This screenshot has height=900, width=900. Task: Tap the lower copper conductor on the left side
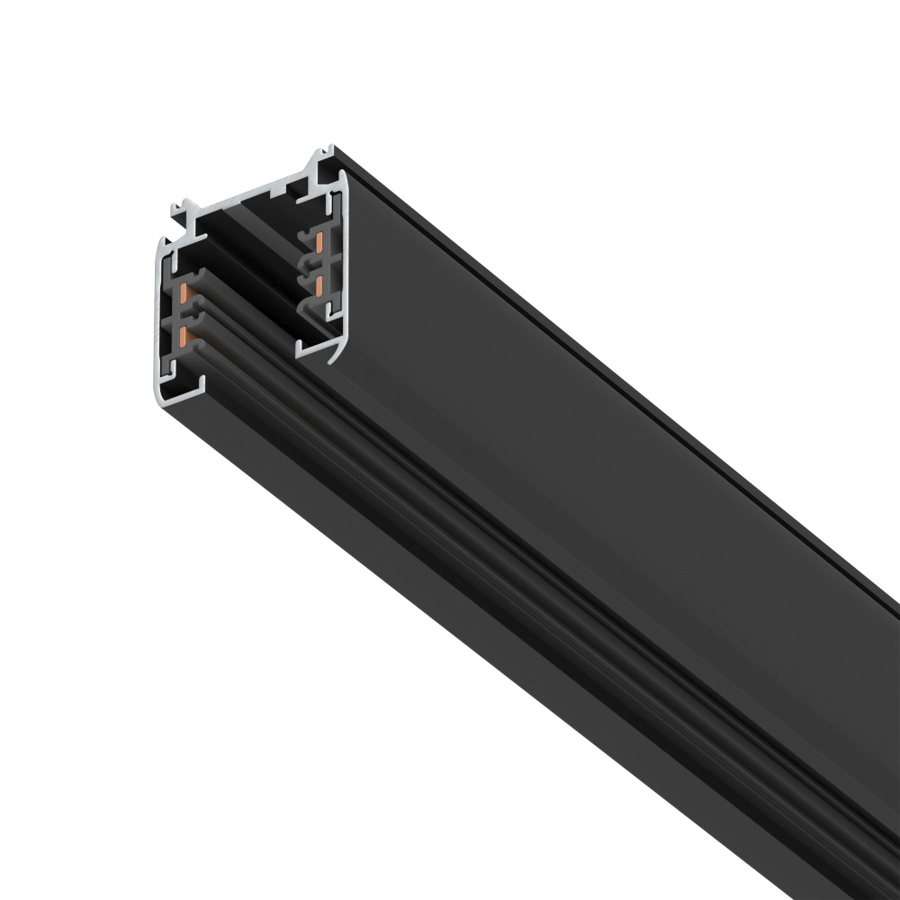click(184, 337)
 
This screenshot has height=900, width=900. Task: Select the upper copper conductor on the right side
click(319, 240)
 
